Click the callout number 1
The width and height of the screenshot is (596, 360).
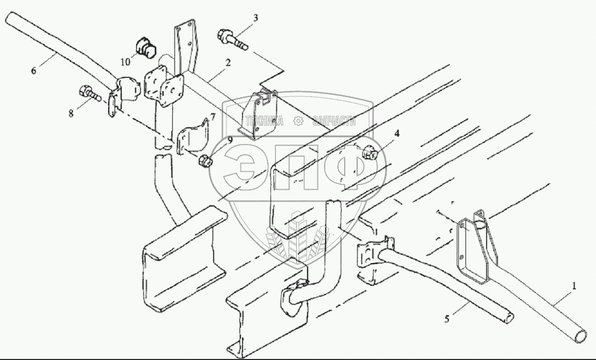point(574,285)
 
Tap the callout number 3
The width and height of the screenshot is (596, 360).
point(255,19)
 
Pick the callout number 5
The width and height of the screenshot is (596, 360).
point(447,319)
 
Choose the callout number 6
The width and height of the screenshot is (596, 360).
point(34,71)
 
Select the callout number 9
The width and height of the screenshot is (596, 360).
point(230,140)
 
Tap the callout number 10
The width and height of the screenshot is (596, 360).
point(125,62)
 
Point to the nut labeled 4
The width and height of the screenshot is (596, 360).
point(370,153)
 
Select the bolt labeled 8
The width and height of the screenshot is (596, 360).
point(89,94)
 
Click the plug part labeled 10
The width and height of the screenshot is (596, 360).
point(147,48)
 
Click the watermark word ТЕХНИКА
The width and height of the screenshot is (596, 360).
point(264,122)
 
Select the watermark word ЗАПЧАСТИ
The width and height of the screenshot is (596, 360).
point(334,122)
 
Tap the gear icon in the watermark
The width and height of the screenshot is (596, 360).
point(298,122)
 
